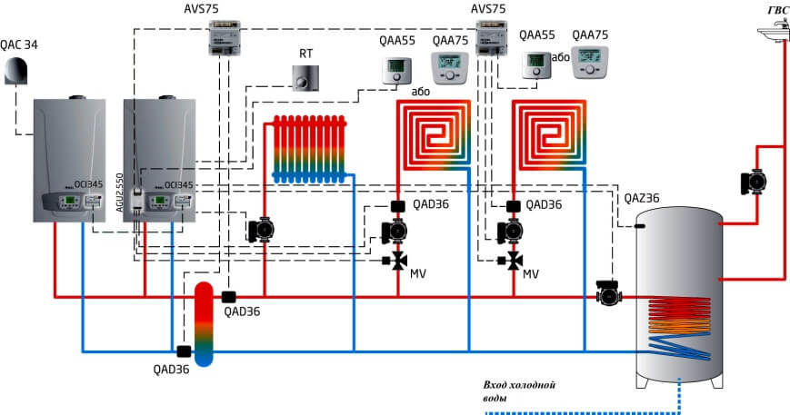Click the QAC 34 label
click(21, 44)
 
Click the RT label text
click(305, 53)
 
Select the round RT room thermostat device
click(305, 78)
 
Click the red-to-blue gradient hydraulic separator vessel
click(205, 323)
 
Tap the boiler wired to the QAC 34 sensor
click(69, 159)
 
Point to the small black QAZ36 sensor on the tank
click(640, 224)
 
